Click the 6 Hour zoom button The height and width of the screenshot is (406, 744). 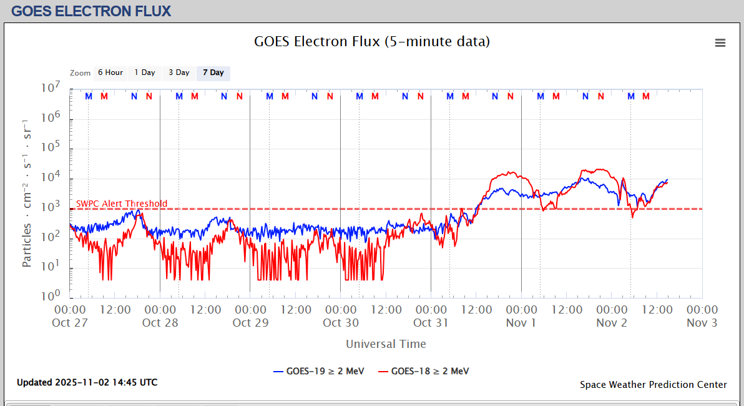pyautogui.click(x=110, y=73)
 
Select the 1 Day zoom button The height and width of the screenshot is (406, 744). pyautogui.click(x=145, y=73)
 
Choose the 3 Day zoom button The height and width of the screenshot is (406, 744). pyautogui.click(x=179, y=73)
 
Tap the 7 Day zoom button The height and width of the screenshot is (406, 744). pyautogui.click(x=213, y=73)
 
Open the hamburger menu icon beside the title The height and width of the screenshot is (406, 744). pyautogui.click(x=720, y=42)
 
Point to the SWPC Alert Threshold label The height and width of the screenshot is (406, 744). pyautogui.click(x=122, y=204)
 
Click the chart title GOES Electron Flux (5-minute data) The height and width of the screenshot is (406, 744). pyautogui.click(x=372, y=42)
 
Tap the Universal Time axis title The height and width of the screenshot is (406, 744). pyautogui.click(x=386, y=344)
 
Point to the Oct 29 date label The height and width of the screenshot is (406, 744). pyautogui.click(x=250, y=323)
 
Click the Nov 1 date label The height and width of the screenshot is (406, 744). pyautogui.click(x=521, y=323)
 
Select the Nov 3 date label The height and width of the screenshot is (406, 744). pyautogui.click(x=702, y=323)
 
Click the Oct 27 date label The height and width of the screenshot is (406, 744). pyautogui.click(x=70, y=323)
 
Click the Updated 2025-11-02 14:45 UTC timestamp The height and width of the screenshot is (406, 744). pyautogui.click(x=87, y=382)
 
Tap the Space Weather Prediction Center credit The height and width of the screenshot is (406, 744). pyautogui.click(x=653, y=385)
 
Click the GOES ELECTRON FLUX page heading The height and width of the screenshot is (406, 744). pyautogui.click(x=91, y=11)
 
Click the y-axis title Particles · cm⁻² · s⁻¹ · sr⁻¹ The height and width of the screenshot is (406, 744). pyautogui.click(x=27, y=192)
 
